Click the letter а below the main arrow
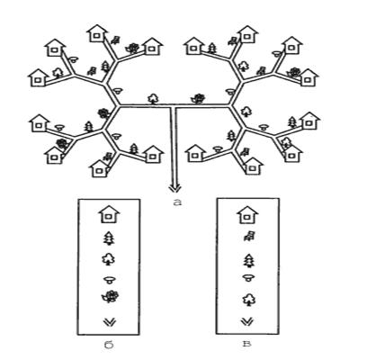(x=177, y=202)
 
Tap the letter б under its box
(x=110, y=346)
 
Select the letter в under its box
(x=247, y=344)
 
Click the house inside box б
(x=109, y=214)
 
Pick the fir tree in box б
(x=109, y=239)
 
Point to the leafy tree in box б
(x=109, y=259)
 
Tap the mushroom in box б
(x=110, y=281)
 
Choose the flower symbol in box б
(x=110, y=297)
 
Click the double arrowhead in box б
(x=110, y=322)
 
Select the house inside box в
(x=247, y=214)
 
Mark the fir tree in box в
(x=248, y=260)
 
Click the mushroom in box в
(x=248, y=277)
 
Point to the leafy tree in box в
(x=248, y=300)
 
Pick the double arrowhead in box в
(x=247, y=322)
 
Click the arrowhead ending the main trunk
(x=175, y=188)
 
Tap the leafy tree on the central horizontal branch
(x=153, y=99)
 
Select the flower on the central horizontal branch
(x=199, y=98)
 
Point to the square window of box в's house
(x=247, y=217)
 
